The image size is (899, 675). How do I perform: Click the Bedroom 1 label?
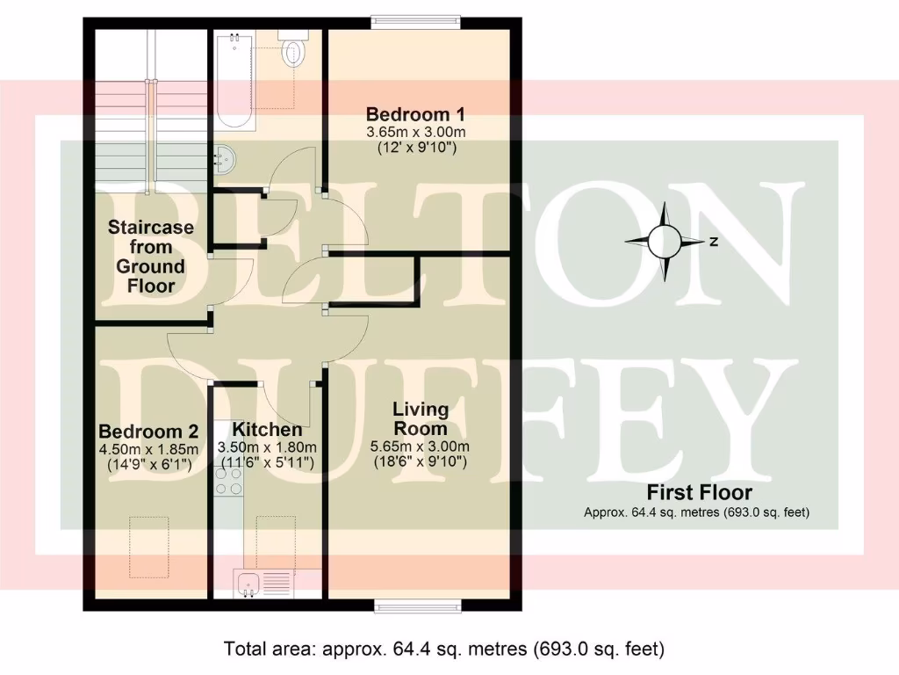415,114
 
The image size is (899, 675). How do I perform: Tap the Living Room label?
421,419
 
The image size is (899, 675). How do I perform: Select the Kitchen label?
267,430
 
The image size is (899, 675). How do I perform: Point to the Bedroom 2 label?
148,432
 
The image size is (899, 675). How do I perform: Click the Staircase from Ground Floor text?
151,257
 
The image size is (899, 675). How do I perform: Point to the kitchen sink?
247,583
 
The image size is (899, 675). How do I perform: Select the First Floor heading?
699,492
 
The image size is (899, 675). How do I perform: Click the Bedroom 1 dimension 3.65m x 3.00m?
415,132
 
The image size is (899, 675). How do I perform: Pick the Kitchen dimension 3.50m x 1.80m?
267,447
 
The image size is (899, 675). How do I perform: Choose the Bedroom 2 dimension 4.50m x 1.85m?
148,449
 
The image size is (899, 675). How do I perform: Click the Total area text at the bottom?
444,650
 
